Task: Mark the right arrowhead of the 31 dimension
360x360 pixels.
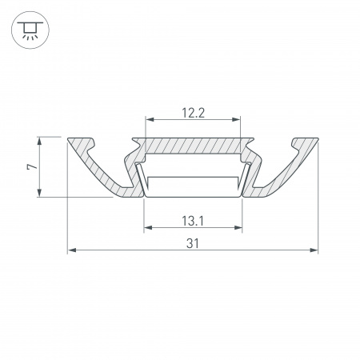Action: [314, 250]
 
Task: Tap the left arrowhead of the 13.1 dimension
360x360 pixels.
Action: [146, 228]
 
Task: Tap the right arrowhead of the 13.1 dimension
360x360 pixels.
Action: [238, 228]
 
